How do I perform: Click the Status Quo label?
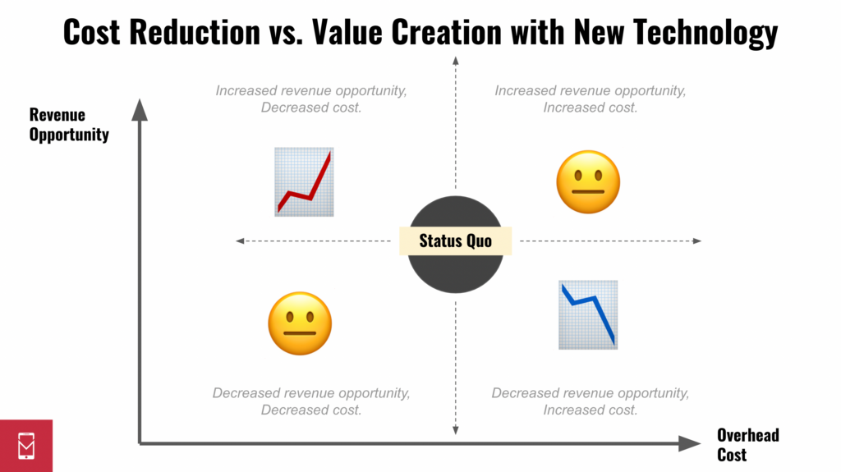click(x=455, y=241)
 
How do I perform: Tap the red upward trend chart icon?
click(x=304, y=182)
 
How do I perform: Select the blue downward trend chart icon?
click(x=588, y=315)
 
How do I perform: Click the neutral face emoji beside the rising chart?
click(x=588, y=182)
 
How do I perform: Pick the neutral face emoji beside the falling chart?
click(x=300, y=323)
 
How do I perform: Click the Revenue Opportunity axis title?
click(x=69, y=125)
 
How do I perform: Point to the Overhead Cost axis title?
click(x=747, y=445)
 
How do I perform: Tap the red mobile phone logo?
click(x=26, y=446)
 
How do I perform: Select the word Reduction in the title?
click(x=195, y=32)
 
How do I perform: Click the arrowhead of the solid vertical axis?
click(x=140, y=110)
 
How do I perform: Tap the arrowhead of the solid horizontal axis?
click(x=690, y=443)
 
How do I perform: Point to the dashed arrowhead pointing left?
click(x=240, y=241)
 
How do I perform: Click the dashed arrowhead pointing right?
click(x=697, y=241)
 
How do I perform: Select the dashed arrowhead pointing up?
click(x=455, y=61)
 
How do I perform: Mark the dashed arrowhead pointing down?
click(x=455, y=430)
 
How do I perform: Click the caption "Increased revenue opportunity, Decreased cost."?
click(x=311, y=99)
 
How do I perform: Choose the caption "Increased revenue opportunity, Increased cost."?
click(x=590, y=99)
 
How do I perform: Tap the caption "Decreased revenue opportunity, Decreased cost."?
click(x=311, y=401)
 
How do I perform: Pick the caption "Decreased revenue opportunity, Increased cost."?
click(x=590, y=401)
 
